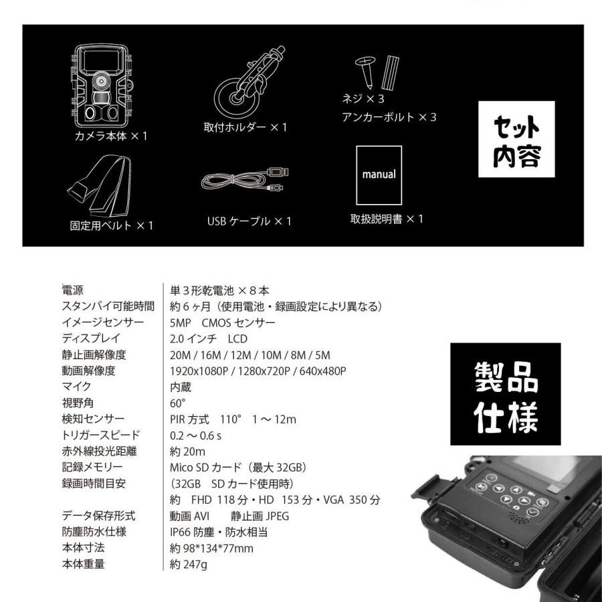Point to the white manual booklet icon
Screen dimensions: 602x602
pyautogui.click(x=379, y=175)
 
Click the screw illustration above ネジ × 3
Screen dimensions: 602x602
pyautogui.click(x=364, y=72)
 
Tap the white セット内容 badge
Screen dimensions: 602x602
pyautogui.click(x=516, y=139)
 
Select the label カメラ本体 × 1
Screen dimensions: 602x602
pyautogui.click(x=111, y=136)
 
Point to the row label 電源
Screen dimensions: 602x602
pyautogui.click(x=73, y=290)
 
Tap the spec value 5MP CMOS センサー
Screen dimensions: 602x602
pyautogui.click(x=223, y=323)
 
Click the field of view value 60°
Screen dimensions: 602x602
pyautogui.click(x=178, y=403)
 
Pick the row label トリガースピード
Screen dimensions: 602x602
pyautogui.click(x=101, y=435)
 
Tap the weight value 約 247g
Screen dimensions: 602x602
pyautogui.click(x=189, y=565)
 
